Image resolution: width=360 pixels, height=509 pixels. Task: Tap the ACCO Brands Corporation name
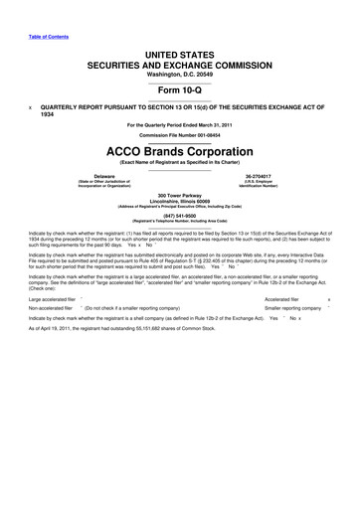click(x=180, y=148)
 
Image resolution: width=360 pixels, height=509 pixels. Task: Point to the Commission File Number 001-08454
click(x=180, y=135)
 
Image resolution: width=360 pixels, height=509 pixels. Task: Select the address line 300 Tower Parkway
click(x=180, y=196)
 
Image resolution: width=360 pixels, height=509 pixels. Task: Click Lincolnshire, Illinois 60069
click(x=180, y=202)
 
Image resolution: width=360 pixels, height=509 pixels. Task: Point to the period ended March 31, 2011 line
click(x=180, y=123)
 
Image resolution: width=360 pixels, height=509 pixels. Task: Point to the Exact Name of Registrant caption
click(x=180, y=159)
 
